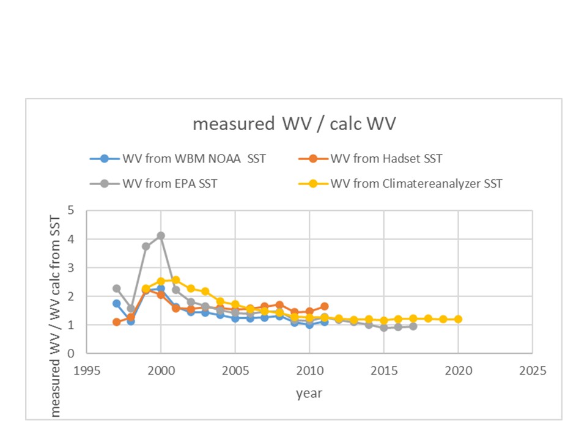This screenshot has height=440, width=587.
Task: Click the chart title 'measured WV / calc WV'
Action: point(294,124)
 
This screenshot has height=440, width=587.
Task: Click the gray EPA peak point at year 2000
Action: point(161,235)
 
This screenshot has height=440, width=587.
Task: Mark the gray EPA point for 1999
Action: point(146,246)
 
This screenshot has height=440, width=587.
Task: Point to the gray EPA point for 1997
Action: point(116,288)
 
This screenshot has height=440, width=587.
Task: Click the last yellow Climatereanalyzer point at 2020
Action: point(458,319)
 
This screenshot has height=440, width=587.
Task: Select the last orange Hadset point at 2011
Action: point(324,306)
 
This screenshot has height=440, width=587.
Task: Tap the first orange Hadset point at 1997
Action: point(116,322)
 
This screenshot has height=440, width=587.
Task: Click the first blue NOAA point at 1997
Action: point(116,303)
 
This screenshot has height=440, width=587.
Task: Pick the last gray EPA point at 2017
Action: point(413,326)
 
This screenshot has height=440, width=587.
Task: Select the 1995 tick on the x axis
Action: point(86,370)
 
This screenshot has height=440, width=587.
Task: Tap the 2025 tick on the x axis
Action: point(532,370)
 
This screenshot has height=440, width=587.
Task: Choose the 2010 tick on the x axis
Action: point(309,370)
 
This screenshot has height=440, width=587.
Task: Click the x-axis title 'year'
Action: point(309,394)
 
